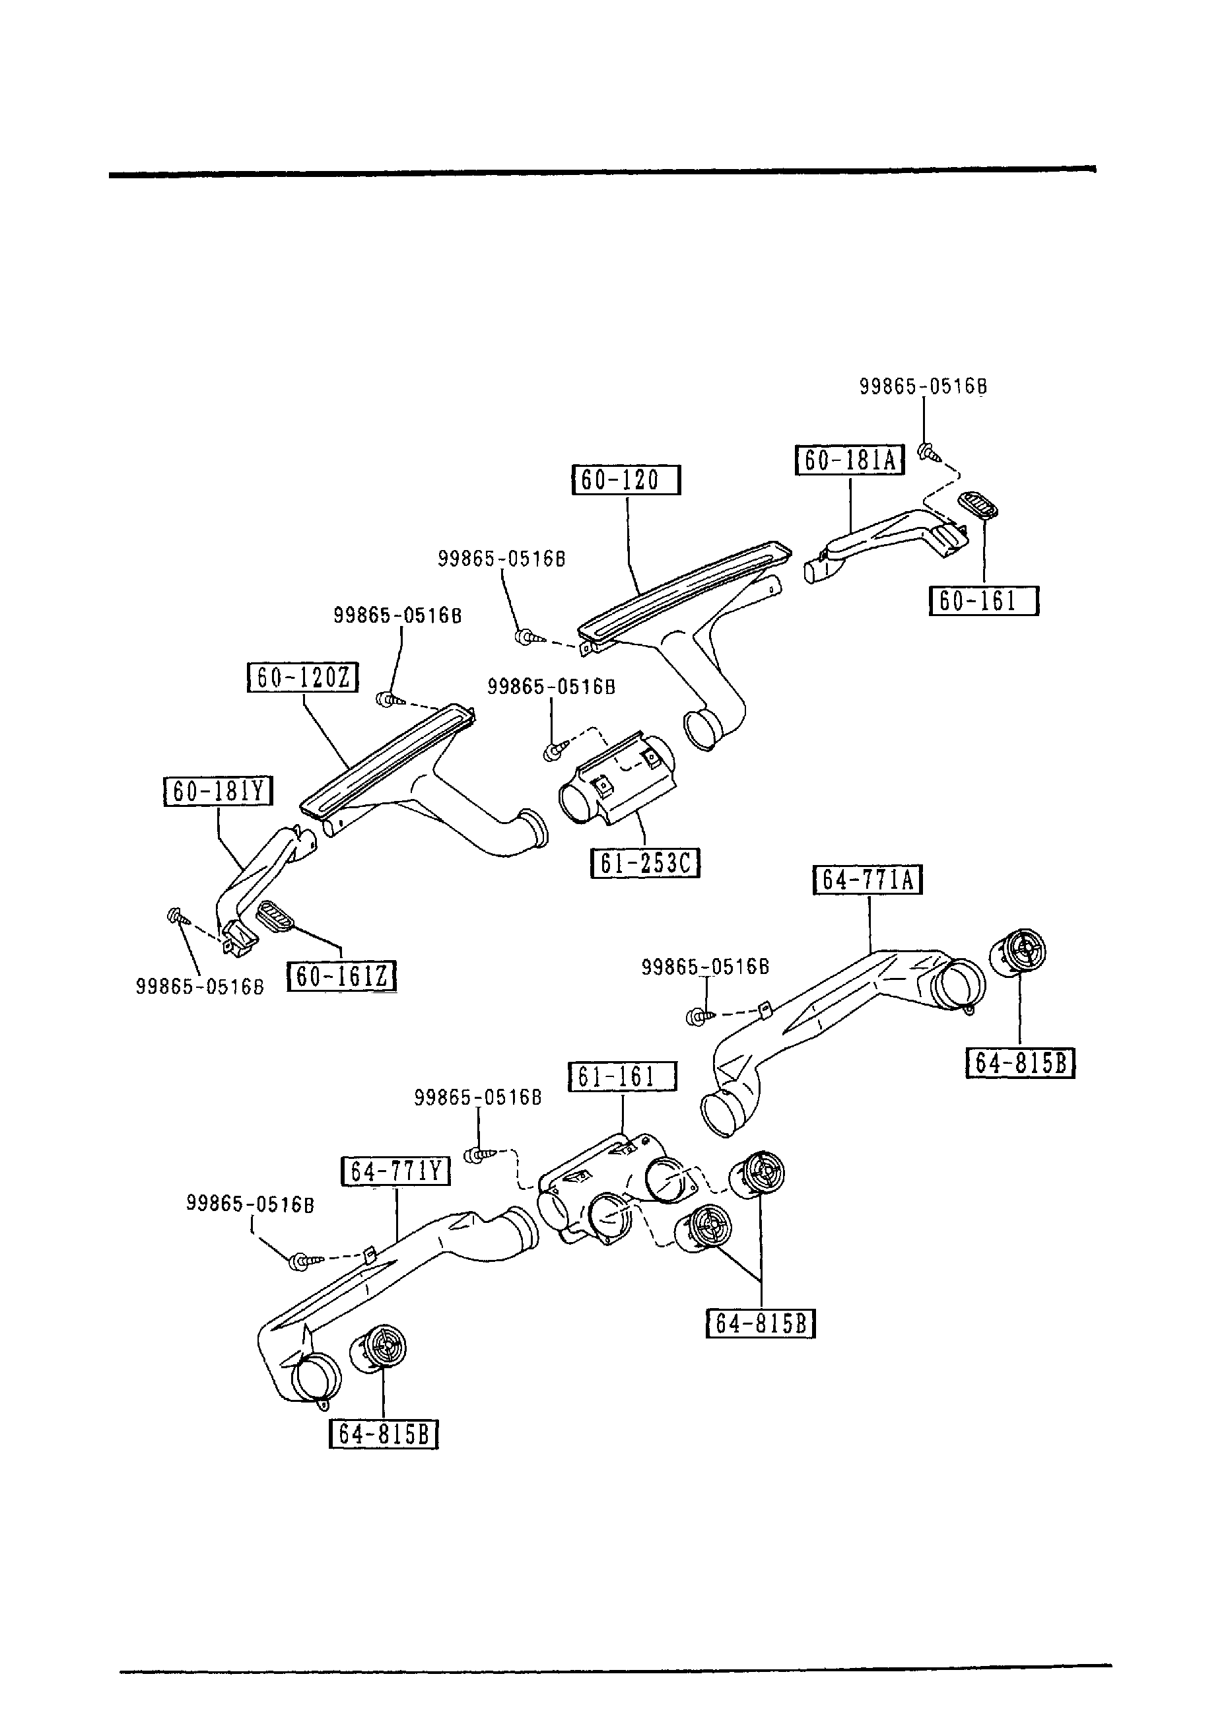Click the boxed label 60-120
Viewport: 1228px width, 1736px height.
click(x=626, y=480)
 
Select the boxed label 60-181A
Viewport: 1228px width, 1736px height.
click(x=850, y=460)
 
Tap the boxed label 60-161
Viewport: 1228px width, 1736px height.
click(x=983, y=601)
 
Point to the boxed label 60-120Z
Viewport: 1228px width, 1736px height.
click(x=303, y=677)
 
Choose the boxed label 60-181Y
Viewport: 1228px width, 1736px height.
click(x=219, y=791)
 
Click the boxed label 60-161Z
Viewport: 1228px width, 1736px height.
click(x=342, y=976)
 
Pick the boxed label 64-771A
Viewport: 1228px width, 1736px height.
click(x=868, y=880)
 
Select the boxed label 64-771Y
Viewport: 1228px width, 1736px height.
click(x=395, y=1171)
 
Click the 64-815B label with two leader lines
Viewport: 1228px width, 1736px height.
click(x=761, y=1324)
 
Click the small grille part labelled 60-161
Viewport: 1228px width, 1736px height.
click(x=978, y=506)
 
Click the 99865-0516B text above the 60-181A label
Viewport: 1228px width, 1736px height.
click(x=922, y=387)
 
